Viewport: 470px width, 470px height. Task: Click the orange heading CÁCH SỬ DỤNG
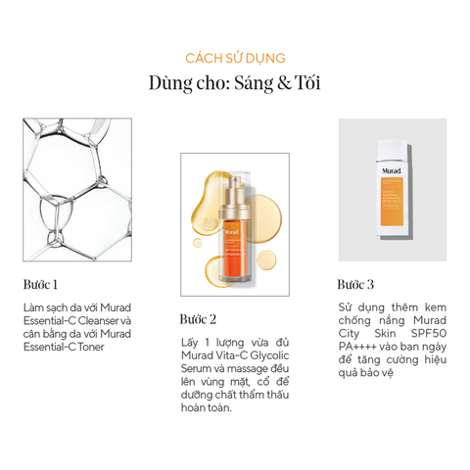click(235, 59)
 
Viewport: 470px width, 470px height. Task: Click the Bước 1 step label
click(40, 285)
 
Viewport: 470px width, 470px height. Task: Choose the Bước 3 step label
click(355, 285)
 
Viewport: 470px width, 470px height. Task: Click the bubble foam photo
click(76, 189)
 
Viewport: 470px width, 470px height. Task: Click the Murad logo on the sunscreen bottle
click(391, 167)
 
